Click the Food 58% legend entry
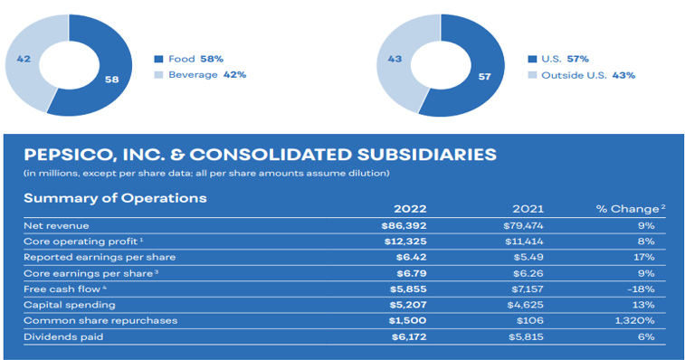click(189, 59)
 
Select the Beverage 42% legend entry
click(201, 75)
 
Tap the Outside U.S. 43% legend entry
click(582, 75)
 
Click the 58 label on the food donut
click(112, 79)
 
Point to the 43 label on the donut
click(395, 59)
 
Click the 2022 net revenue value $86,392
click(404, 226)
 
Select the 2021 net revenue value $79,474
click(523, 226)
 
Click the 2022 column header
click(410, 209)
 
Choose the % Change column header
click(631, 209)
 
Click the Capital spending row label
click(70, 305)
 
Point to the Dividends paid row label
click(63, 336)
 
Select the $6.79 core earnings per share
click(412, 273)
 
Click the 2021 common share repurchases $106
click(530, 321)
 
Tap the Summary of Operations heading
click(115, 198)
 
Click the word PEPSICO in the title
click(68, 155)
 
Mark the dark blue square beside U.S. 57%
click(532, 59)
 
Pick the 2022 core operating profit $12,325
click(405, 242)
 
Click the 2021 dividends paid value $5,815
click(526, 336)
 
